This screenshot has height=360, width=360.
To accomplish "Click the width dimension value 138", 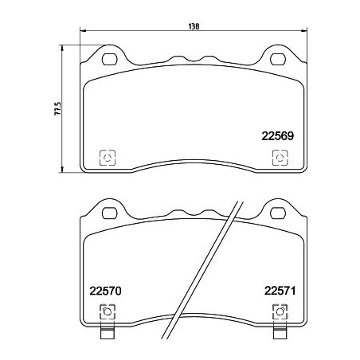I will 194,25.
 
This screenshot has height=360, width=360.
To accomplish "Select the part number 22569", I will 278,135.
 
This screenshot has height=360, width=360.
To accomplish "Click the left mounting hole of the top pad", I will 110,58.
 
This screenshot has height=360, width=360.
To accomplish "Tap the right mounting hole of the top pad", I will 278,58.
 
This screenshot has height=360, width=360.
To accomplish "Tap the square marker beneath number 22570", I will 106,312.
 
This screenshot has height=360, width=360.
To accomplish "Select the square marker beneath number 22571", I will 279,312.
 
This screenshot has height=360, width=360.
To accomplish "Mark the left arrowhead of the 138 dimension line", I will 84,32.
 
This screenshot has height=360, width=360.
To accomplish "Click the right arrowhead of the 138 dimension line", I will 303,32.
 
